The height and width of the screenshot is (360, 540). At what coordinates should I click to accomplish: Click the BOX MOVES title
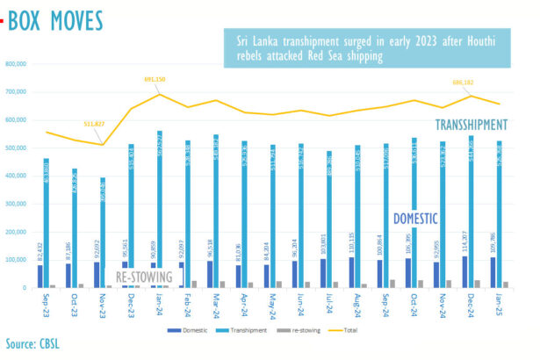tap(54, 20)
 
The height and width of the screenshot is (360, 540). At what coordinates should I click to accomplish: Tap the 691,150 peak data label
tap(155, 80)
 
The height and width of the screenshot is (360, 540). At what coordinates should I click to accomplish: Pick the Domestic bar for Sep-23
tap(40, 276)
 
